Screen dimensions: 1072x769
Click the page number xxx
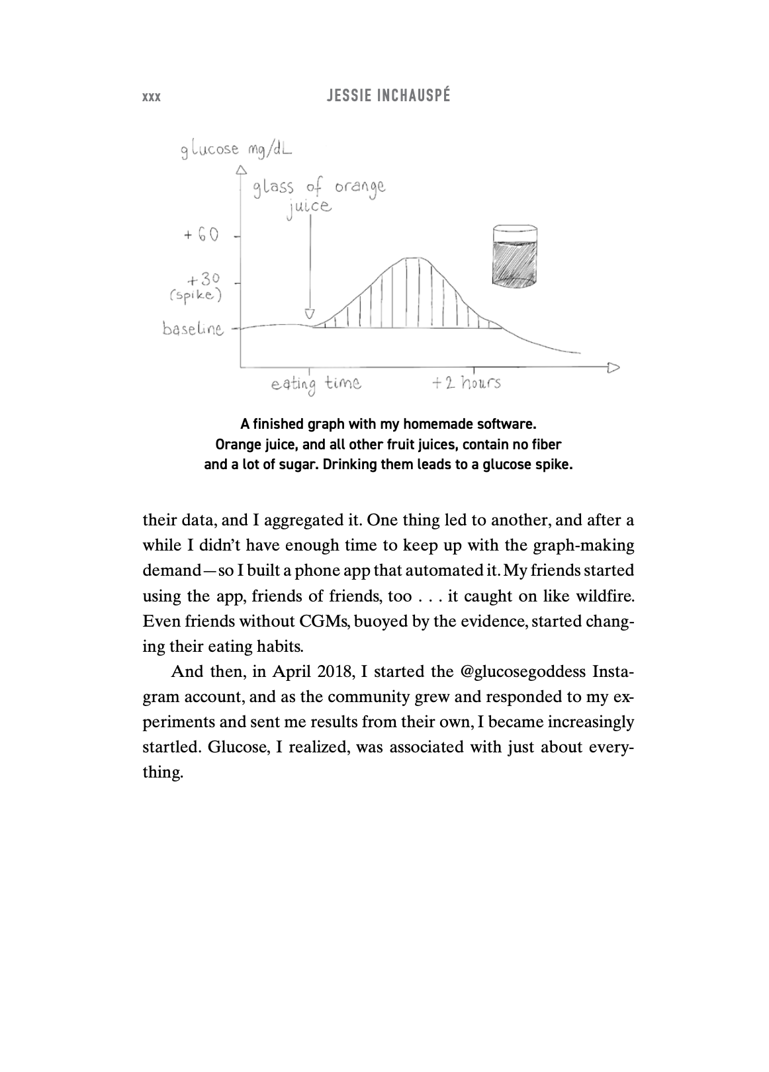point(152,97)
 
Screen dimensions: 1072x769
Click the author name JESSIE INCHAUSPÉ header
point(389,96)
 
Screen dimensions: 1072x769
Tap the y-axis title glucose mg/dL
point(236,150)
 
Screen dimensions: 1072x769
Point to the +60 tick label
point(201,235)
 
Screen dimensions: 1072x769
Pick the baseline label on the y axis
point(193,329)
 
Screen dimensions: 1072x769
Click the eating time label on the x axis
point(316,384)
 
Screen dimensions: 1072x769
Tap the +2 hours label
point(466,383)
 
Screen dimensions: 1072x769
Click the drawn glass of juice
point(515,257)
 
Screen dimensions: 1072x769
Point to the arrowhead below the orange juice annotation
point(309,314)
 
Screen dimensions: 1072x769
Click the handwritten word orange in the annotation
point(359,188)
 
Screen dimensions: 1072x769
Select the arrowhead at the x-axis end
point(613,366)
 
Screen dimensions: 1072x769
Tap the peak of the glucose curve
point(413,258)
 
